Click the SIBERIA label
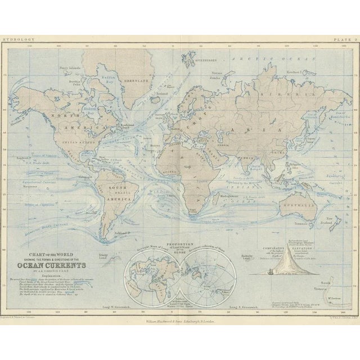277,88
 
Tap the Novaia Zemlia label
217,78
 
